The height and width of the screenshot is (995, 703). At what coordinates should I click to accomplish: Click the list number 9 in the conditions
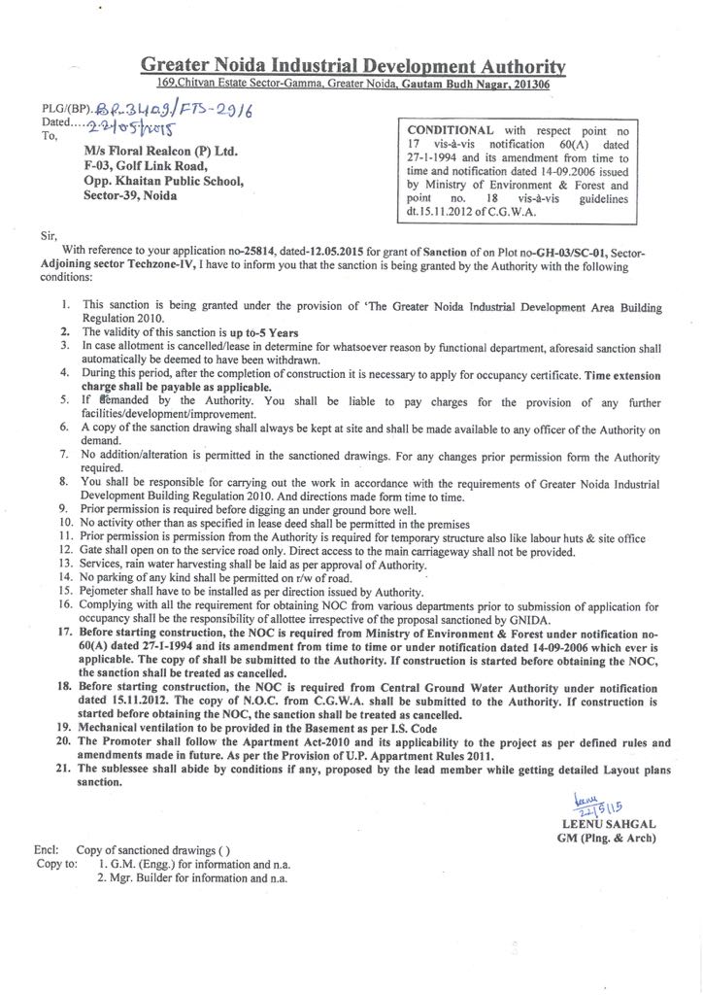pyautogui.click(x=64, y=507)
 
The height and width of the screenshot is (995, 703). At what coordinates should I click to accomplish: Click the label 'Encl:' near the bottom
pyautogui.click(x=47, y=849)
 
